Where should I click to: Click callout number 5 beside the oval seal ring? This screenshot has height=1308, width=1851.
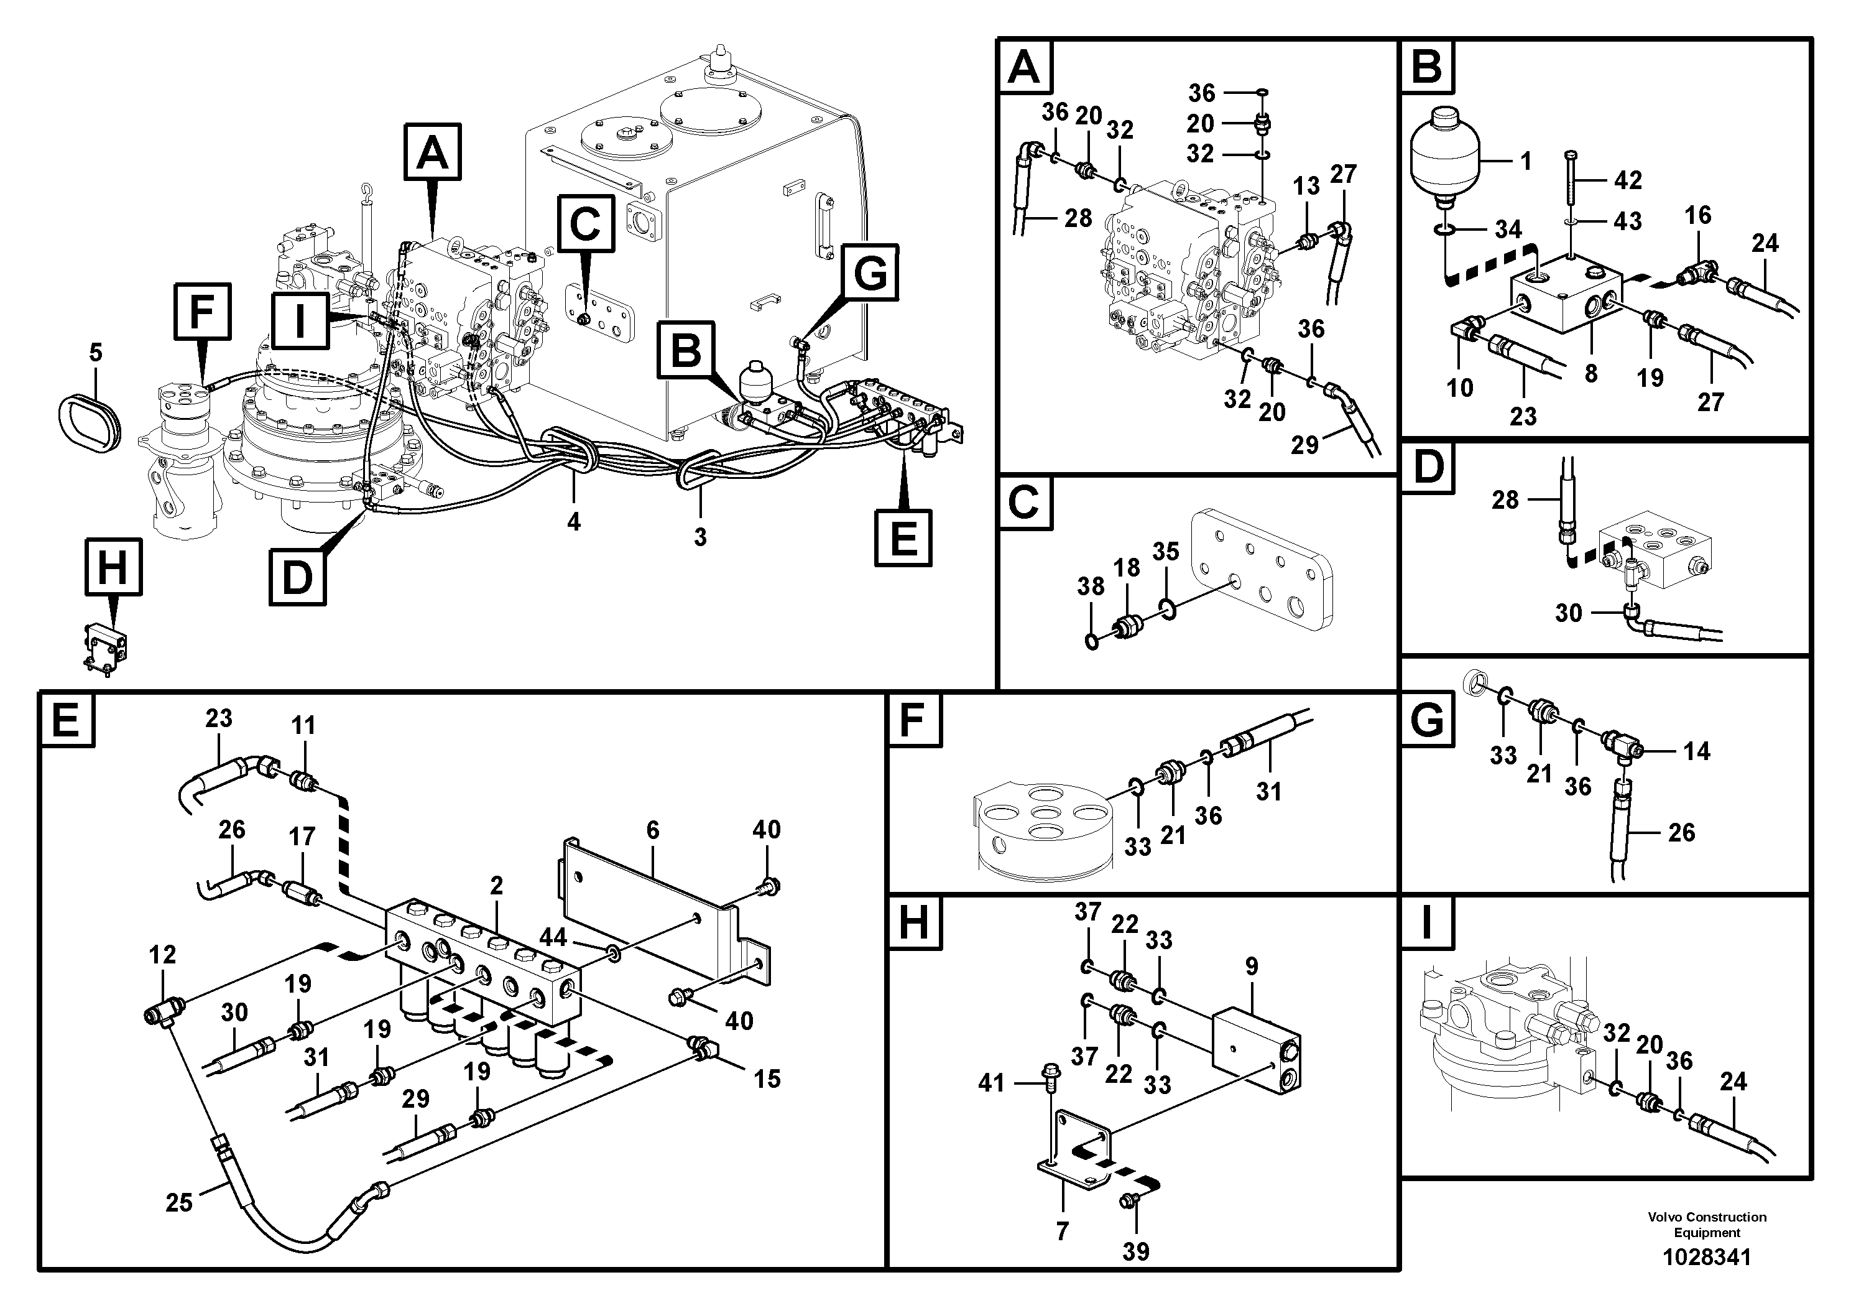95,353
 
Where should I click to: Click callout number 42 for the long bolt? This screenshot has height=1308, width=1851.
1628,180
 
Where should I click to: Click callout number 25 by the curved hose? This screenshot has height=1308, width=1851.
178,1202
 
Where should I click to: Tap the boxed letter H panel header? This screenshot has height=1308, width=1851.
913,922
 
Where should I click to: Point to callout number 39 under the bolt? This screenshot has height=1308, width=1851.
1135,1251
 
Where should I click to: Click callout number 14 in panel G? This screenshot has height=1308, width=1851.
1696,751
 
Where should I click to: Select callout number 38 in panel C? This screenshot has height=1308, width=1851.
1091,587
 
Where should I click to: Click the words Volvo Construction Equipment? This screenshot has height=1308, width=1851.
1707,1224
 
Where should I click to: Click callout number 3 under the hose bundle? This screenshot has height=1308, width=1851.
699,537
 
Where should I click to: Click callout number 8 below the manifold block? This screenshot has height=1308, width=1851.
1590,373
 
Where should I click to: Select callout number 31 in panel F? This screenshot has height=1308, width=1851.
1268,792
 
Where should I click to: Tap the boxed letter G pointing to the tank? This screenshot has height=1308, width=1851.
870,274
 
